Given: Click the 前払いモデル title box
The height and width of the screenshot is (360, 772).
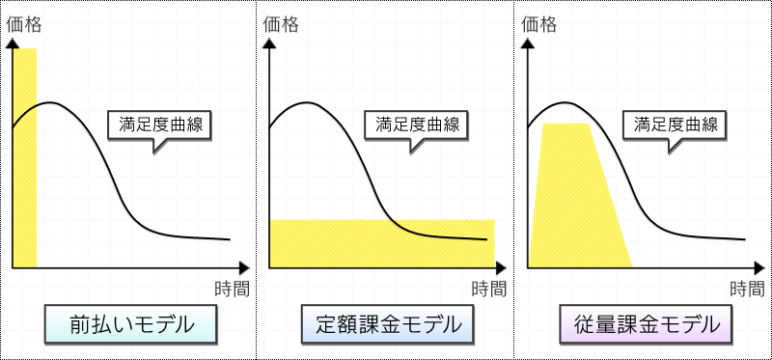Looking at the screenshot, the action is click(x=130, y=323).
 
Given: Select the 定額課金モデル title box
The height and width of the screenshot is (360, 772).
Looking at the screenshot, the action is click(x=388, y=323).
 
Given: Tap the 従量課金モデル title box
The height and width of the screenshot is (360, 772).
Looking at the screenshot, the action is click(x=646, y=323).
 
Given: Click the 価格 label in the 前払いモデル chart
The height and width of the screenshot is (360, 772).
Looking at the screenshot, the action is click(x=23, y=25).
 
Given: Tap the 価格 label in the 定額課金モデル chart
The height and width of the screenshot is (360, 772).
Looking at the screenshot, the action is click(x=281, y=25).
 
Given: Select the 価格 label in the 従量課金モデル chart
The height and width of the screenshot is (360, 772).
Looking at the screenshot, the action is click(x=539, y=25).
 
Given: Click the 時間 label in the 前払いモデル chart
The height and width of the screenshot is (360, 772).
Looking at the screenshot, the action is click(x=233, y=289).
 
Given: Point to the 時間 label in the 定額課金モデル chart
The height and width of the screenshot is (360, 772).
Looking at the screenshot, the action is click(x=489, y=289).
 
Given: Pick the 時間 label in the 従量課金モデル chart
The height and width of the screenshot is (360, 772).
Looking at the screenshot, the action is click(x=747, y=289).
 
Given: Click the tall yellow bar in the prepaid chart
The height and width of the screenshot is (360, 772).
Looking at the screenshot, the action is click(x=25, y=158).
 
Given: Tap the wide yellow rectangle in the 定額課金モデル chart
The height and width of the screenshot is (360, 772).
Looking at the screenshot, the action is click(x=382, y=244).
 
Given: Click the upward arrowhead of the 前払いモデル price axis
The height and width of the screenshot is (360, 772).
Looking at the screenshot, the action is click(x=13, y=42).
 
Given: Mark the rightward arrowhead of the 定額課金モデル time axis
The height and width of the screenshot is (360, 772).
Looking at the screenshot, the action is click(x=501, y=268).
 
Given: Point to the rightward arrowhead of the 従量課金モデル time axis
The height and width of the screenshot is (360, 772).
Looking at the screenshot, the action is click(x=758, y=268).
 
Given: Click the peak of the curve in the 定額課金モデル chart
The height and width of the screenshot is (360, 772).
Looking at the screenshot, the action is click(x=307, y=102).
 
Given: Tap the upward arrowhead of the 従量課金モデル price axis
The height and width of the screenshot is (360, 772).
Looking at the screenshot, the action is click(x=528, y=42).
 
